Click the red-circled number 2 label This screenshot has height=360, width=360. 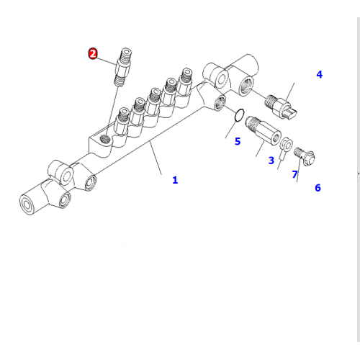coord(93,54)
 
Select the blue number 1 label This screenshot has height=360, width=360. coord(175,180)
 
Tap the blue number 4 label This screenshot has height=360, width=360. coord(319,74)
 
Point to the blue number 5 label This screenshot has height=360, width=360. coord(237,142)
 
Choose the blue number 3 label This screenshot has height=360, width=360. coord(271,160)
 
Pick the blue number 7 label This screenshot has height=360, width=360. coord(294,175)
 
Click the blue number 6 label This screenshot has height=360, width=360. coord(317,188)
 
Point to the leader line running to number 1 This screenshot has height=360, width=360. coord(156,158)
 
